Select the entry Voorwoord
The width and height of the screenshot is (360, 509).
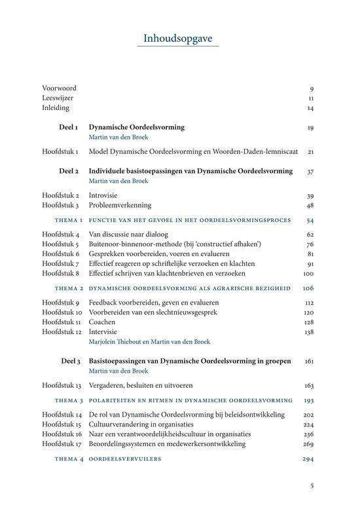point(59,88)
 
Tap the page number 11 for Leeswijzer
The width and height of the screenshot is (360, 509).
point(311,98)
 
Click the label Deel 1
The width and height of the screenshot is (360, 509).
point(68,127)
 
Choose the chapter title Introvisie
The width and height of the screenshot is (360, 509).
point(105,195)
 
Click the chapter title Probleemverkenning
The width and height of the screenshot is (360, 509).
point(120,205)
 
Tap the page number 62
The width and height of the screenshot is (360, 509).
point(310,234)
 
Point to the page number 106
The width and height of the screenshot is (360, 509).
point(308,288)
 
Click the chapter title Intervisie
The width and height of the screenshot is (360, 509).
point(105,332)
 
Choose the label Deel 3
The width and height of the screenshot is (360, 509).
point(68,360)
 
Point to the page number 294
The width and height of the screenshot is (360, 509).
point(308,459)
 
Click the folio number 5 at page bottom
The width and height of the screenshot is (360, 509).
point(312,486)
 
